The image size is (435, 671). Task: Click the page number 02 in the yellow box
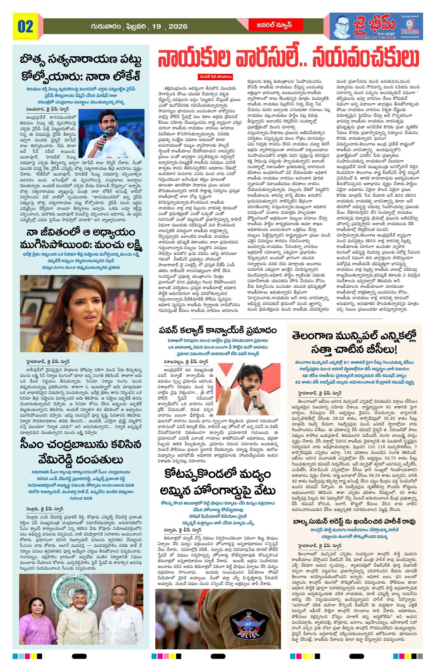[x=25, y=26]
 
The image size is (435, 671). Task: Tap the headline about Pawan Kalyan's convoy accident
[x=217, y=330]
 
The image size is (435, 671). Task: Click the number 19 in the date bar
[x=156, y=27]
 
